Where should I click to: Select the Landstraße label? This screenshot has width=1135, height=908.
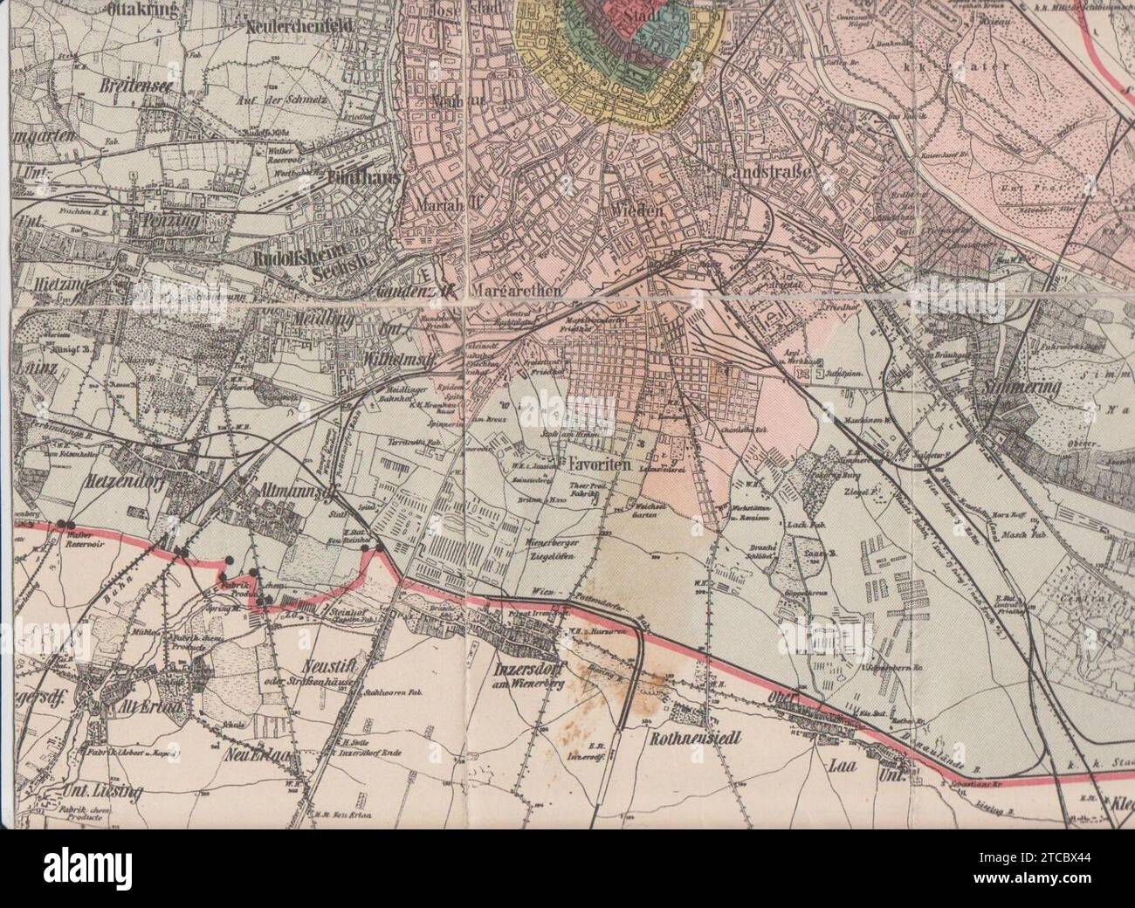coord(768,173)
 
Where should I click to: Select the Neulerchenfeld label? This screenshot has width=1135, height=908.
coord(286,27)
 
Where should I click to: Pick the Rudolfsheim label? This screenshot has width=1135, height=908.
coord(294,258)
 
